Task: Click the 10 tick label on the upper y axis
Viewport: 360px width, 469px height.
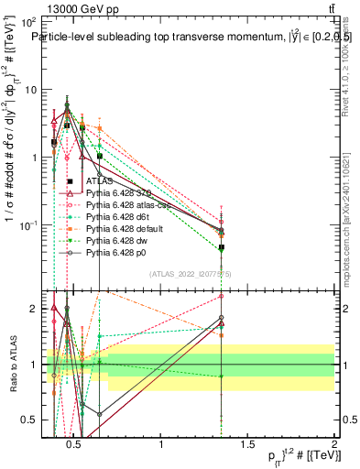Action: (x=34, y=90)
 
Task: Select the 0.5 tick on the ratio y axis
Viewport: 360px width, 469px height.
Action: (x=34, y=420)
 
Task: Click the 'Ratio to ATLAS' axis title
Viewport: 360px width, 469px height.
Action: (x=12, y=362)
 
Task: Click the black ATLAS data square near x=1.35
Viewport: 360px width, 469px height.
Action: (x=221, y=247)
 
